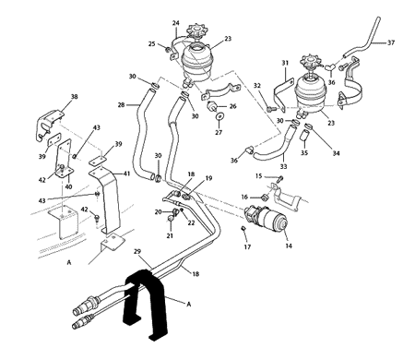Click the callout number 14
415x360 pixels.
pos(289,246)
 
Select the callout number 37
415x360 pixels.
pos(391,42)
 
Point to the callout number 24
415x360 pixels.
pos(176,23)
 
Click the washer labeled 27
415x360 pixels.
pos(219,117)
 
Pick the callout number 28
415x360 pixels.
pos(121,105)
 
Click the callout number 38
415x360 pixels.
pos(74,97)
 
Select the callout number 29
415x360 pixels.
pos(137,251)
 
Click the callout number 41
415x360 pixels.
pos(126,174)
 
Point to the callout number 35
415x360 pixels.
pos(304,153)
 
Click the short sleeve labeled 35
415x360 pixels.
pos(303,135)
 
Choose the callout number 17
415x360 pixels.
pos(247,246)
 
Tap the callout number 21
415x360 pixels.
pos(170,235)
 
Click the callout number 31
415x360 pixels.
pos(285,63)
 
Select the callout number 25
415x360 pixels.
pos(152,44)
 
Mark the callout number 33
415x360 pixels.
pos(283,166)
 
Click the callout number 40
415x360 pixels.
pos(68,186)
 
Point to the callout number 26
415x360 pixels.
pos(232,106)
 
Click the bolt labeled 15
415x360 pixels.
pos(280,178)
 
